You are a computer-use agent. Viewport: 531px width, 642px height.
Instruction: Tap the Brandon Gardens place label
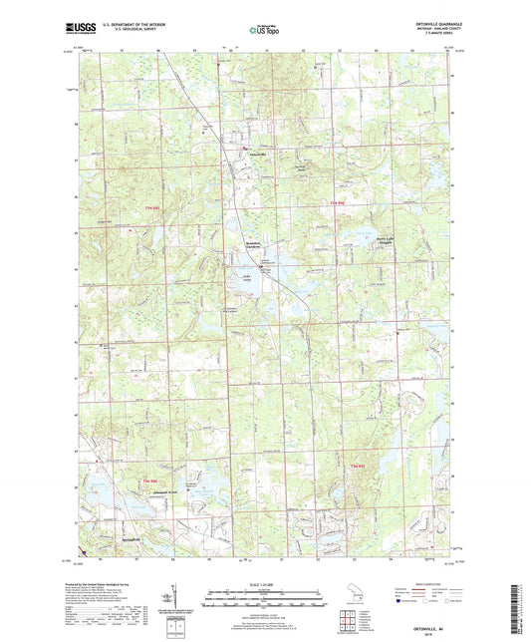click(x=259, y=246)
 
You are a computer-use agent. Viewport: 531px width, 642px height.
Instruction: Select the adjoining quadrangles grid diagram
click(x=350, y=618)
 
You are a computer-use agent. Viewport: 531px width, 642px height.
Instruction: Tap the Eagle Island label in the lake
click(x=245, y=279)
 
